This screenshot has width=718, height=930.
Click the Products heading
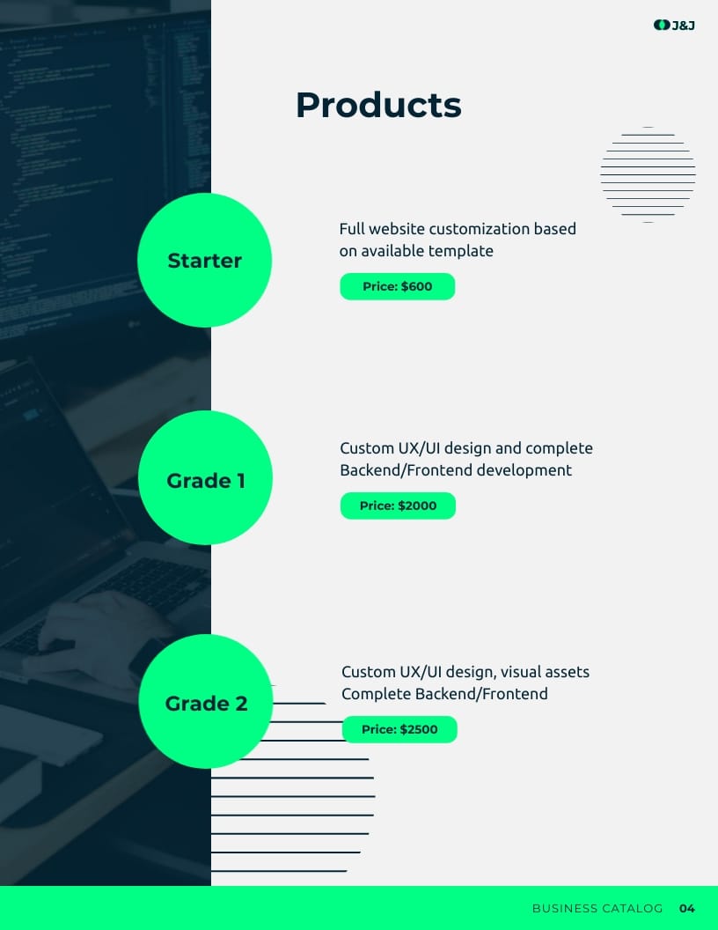point(378,106)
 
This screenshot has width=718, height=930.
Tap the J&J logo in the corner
point(675,25)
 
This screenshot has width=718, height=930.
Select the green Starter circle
point(204,261)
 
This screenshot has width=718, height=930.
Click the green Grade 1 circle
point(205,478)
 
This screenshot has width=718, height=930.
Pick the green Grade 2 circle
point(206,702)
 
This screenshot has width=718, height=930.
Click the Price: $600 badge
point(398,286)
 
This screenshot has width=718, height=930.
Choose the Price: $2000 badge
point(398,506)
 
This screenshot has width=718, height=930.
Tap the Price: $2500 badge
point(399,729)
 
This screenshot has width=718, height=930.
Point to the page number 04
point(687,908)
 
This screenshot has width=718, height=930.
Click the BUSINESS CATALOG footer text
point(597,908)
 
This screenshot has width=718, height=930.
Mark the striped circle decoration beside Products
point(648,174)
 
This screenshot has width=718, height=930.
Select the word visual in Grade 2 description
point(522,672)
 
